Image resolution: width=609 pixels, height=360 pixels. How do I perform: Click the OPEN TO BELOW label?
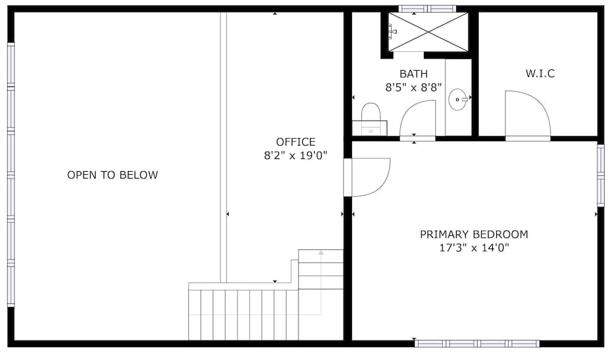click(x=113, y=175)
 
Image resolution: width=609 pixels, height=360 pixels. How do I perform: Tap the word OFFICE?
click(x=295, y=142)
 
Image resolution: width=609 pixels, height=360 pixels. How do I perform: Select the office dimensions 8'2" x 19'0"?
click(x=295, y=156)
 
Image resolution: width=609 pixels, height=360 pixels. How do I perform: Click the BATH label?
click(x=414, y=74)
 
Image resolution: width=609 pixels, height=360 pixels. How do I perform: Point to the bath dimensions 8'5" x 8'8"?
click(x=414, y=88)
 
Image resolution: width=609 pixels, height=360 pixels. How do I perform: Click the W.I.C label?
click(x=540, y=73)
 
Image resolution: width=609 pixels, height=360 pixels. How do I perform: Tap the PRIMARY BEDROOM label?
click(x=474, y=235)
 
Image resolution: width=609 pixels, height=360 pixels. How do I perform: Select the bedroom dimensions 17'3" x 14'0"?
click(x=474, y=248)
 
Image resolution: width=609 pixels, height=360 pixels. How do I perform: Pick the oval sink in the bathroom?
click(x=458, y=100)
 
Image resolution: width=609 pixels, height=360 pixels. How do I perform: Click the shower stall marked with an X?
click(x=428, y=32)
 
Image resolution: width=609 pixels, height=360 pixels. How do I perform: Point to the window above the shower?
click(x=428, y=9)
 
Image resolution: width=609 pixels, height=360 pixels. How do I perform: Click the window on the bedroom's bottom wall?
click(x=477, y=344)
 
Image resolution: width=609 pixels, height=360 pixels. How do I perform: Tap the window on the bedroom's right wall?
click(x=600, y=175)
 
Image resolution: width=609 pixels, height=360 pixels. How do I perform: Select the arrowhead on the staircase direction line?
click(x=321, y=253)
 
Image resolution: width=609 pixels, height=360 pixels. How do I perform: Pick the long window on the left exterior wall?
click(x=11, y=175)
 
